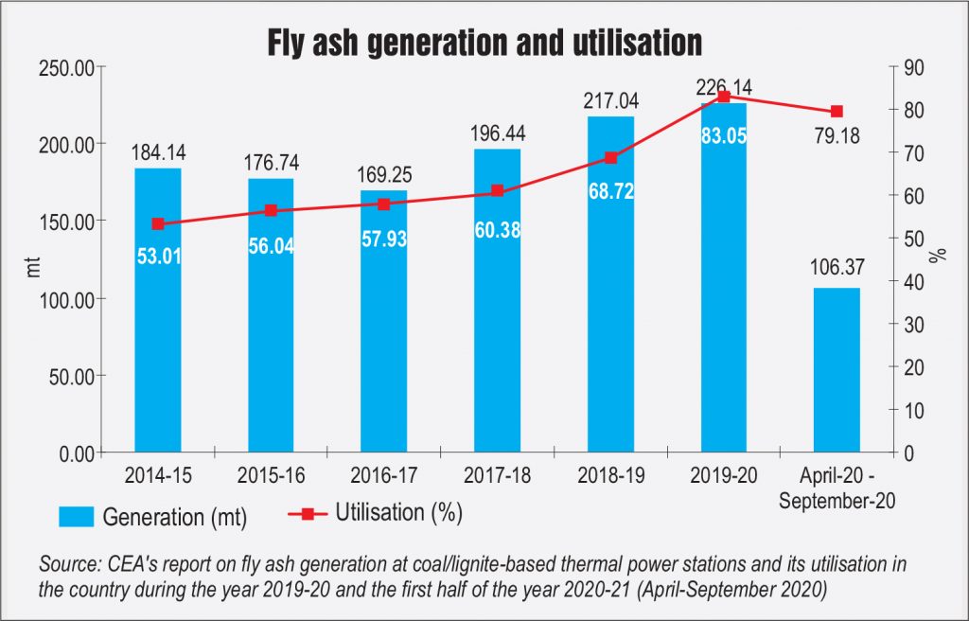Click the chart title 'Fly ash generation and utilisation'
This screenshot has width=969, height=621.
(484, 42)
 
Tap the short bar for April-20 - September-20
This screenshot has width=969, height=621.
(837, 370)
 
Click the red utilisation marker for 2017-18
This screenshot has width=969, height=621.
(498, 191)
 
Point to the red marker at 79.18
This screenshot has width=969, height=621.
(837, 112)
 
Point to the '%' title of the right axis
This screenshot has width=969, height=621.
(942, 257)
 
